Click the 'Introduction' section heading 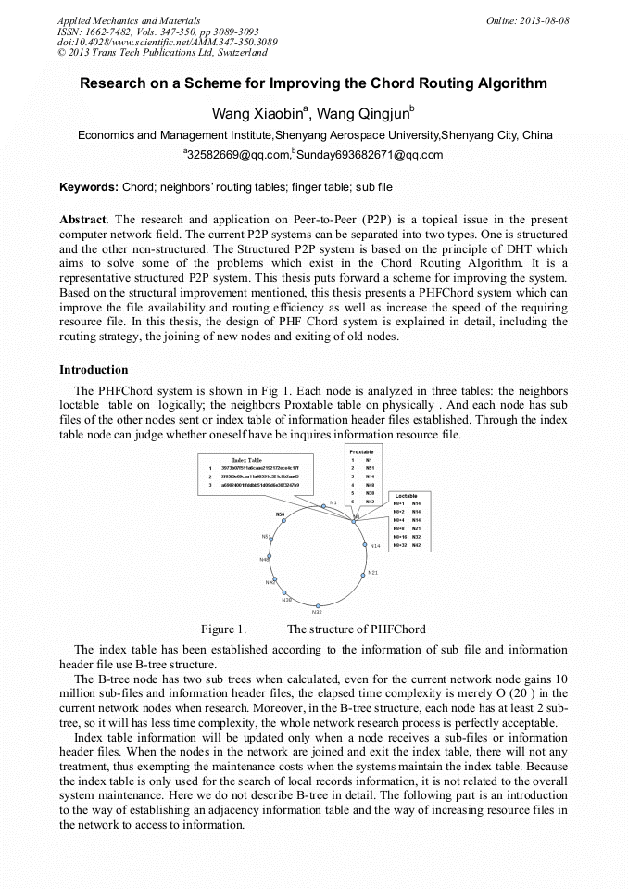[94, 370]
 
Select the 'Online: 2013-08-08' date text [527, 20]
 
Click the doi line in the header [167, 43]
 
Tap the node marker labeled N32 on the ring [317, 604]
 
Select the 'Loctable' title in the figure [407, 496]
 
